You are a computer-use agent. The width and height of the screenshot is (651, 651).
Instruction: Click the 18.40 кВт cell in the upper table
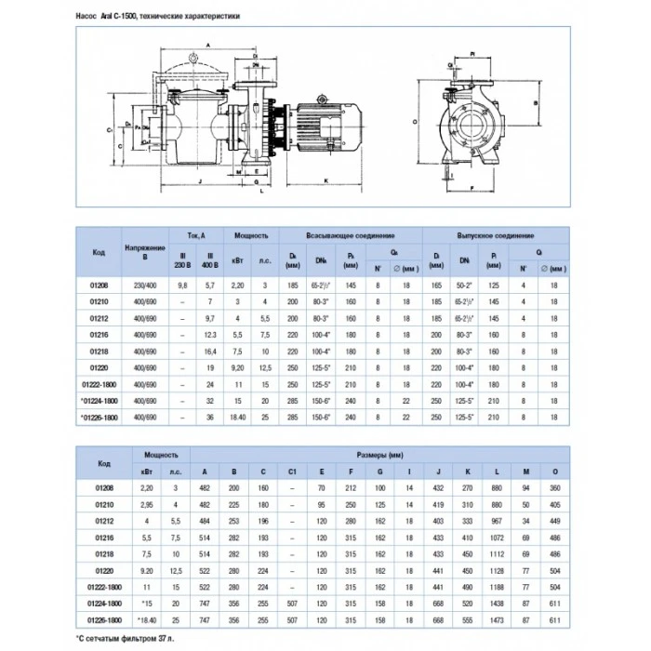click(237, 418)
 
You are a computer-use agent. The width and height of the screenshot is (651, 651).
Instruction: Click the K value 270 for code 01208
click(464, 487)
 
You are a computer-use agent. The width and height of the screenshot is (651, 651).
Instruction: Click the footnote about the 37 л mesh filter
click(126, 638)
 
